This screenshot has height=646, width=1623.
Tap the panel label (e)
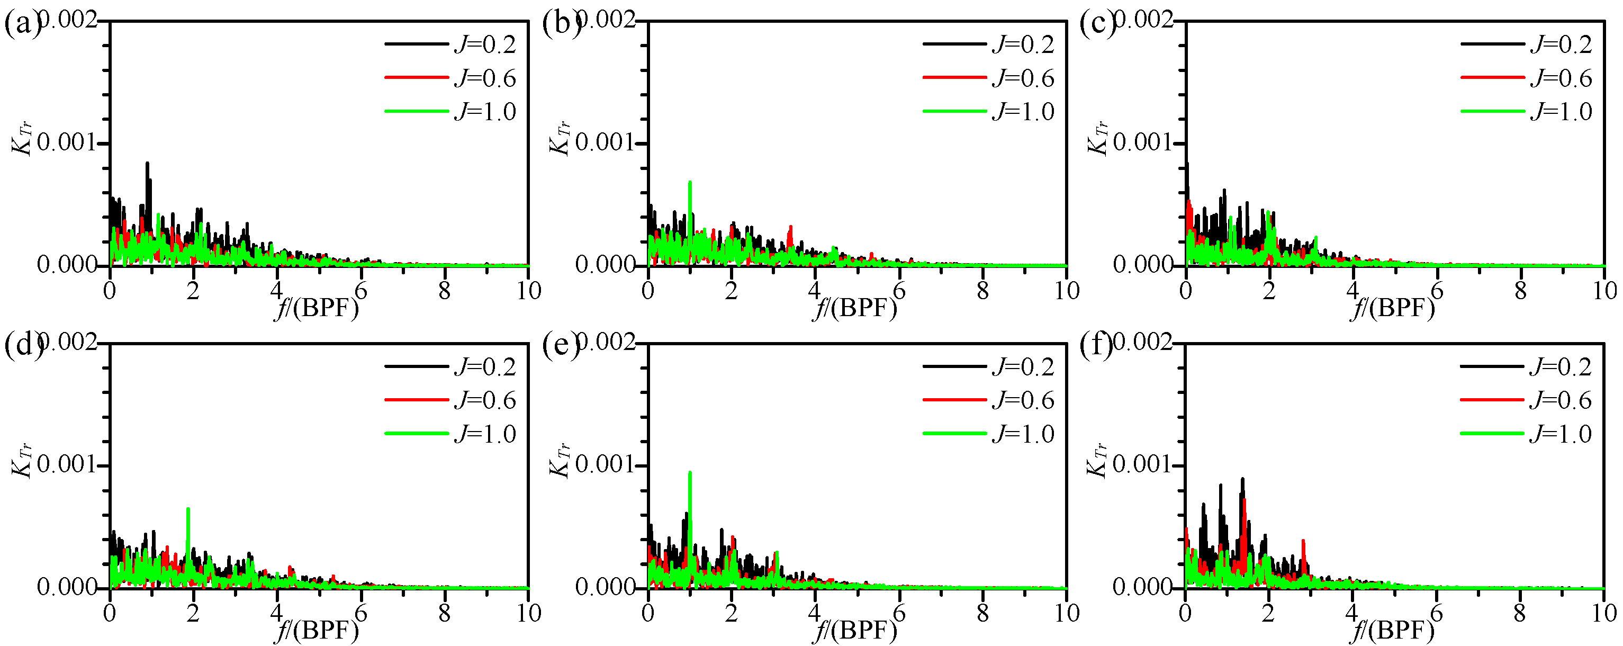click(x=560, y=346)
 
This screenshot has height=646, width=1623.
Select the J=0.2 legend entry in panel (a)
click(x=450, y=44)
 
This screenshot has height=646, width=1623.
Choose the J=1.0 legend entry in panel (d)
click(x=450, y=434)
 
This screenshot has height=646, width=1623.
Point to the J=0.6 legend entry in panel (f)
click(x=1526, y=400)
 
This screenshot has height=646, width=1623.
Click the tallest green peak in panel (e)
click(x=690, y=473)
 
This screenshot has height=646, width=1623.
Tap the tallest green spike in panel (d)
click(x=188, y=509)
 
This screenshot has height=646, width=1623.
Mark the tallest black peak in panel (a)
click(x=148, y=164)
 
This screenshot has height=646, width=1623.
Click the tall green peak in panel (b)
click(x=690, y=183)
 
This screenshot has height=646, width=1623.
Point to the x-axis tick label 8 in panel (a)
click(x=445, y=291)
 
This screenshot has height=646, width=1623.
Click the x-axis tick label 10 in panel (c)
click(x=1604, y=291)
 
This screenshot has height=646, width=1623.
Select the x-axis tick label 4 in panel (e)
click(x=815, y=613)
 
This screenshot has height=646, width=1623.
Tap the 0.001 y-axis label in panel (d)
click(x=67, y=464)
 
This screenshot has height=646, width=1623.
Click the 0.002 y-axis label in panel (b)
click(x=605, y=20)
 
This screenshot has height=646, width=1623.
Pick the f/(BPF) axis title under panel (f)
click(x=1392, y=630)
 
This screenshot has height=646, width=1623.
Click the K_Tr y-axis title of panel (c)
click(x=1097, y=138)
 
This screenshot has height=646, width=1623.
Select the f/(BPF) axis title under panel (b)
click(x=854, y=308)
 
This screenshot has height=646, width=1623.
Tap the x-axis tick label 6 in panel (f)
click(x=1436, y=613)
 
